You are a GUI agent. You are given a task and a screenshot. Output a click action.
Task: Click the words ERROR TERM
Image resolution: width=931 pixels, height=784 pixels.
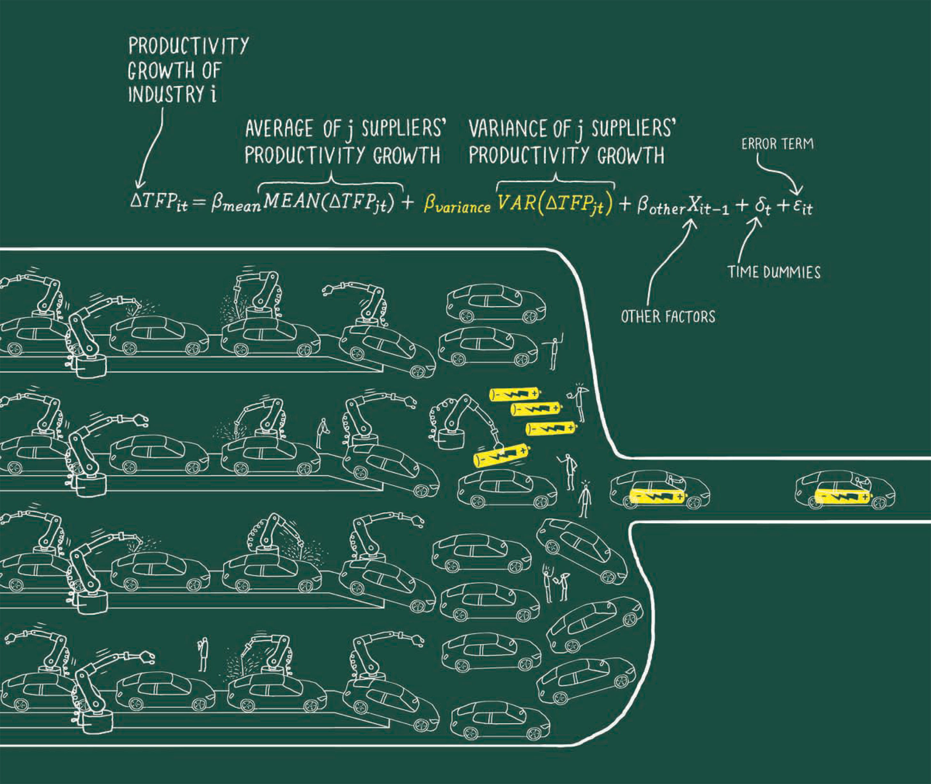coord(777,144)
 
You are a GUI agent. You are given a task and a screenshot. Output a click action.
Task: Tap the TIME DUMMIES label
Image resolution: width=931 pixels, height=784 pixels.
coord(774,272)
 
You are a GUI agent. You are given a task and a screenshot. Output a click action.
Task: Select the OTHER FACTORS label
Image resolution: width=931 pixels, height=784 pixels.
coord(668,316)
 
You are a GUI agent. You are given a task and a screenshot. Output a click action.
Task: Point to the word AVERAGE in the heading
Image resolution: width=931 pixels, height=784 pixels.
coord(279,129)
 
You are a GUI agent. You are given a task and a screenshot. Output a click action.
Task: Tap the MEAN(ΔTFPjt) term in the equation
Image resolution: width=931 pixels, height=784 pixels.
coord(329,203)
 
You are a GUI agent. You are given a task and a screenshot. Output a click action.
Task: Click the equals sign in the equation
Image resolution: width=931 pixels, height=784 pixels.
coord(199,203)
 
